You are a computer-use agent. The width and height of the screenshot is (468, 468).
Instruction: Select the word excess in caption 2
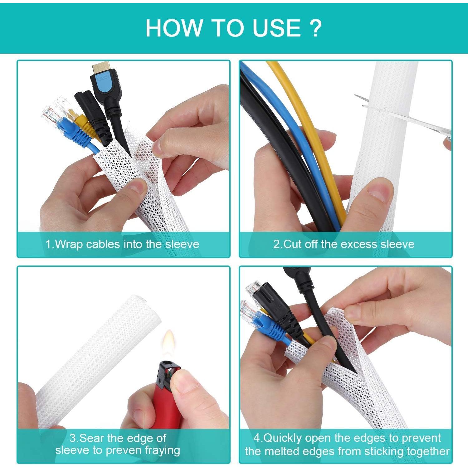click(x=360, y=244)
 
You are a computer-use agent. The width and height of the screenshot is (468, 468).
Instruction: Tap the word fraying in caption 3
click(x=163, y=451)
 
